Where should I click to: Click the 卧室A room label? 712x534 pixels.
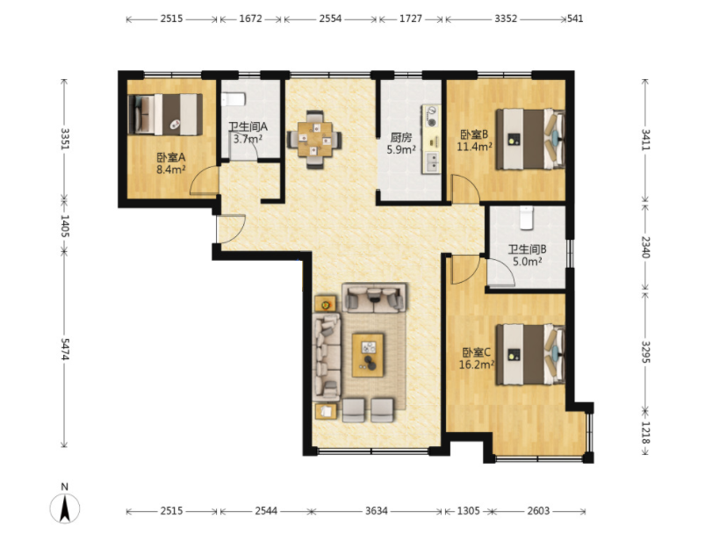pos(171,157)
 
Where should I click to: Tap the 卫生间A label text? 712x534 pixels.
pos(248,127)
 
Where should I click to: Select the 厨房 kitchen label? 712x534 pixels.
pos(401,137)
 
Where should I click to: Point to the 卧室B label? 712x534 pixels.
pos(474,134)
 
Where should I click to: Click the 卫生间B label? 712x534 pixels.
pos(527,249)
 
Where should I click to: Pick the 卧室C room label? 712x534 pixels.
pos(477,352)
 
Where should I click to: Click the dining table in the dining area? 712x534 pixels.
pos(314,140)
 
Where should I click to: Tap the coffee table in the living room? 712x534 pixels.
pos(368,355)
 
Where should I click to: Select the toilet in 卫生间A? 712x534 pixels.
pos(234,99)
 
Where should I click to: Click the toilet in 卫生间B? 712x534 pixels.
pos(526,218)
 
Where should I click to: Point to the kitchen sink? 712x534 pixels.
pos(432,162)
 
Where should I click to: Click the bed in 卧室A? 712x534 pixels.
pos(165,114)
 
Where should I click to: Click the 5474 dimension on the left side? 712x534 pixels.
pos(64,350)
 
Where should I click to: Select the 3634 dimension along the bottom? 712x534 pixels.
pos(377,511)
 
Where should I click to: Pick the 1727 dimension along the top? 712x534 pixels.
pos(411,18)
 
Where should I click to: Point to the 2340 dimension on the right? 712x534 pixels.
pos(645,247)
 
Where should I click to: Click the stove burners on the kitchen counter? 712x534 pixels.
pos(431,116)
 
